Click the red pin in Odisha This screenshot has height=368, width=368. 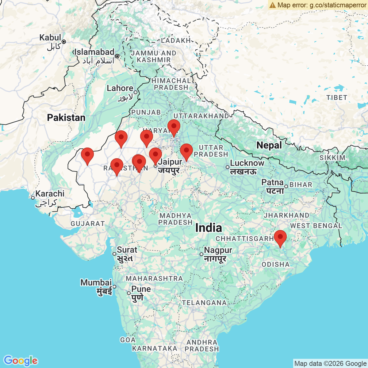[280, 237]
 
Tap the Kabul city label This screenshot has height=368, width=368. [50, 38]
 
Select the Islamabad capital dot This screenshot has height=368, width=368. [117, 56]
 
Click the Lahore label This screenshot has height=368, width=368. [120, 88]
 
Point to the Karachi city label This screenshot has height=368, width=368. [50, 194]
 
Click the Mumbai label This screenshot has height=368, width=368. [96, 282]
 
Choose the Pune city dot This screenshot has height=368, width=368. [129, 293]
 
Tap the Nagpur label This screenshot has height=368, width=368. [218, 251]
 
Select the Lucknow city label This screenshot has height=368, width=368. [247, 163]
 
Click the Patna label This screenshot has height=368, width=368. [272, 183]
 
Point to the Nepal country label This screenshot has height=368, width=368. [269, 145]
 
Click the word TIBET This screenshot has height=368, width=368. [336, 98]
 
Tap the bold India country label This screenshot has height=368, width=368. [209, 228]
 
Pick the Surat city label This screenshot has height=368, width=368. [127, 250]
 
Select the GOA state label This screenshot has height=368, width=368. [128, 340]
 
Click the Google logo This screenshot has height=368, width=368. [21, 361]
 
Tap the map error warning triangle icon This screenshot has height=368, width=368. [272, 5]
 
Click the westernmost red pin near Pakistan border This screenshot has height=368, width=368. [87, 155]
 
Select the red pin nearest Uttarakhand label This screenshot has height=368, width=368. [174, 127]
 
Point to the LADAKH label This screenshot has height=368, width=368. [176, 40]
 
